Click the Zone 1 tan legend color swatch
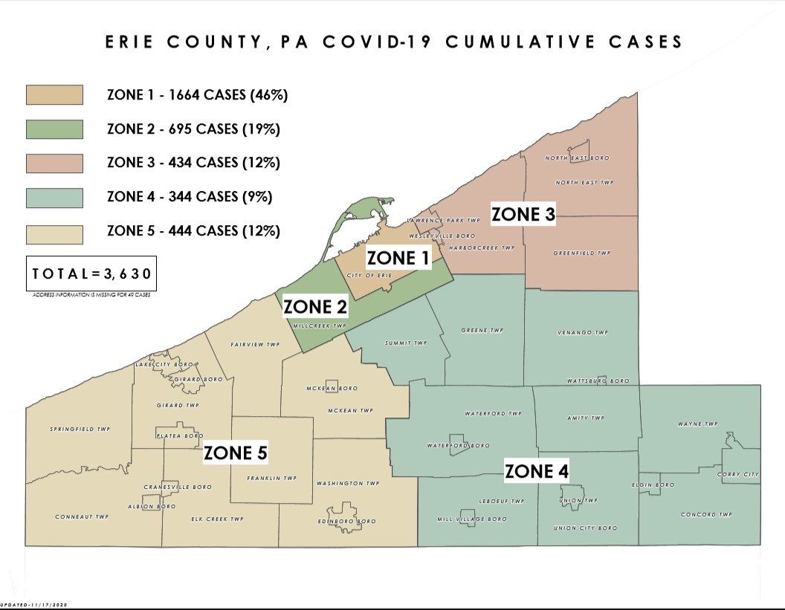click(54, 95)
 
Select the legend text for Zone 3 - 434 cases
click(193, 162)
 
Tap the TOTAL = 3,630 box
click(91, 273)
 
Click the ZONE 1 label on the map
click(398, 258)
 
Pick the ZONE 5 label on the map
click(236, 452)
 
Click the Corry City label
click(737, 474)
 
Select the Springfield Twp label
click(80, 429)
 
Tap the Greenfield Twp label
click(581, 253)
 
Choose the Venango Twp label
click(584, 332)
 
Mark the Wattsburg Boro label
click(598, 380)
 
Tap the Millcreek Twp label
click(320, 325)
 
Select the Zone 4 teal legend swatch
click(54, 197)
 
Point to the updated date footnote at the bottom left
click(34, 606)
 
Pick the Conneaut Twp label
click(82, 516)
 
